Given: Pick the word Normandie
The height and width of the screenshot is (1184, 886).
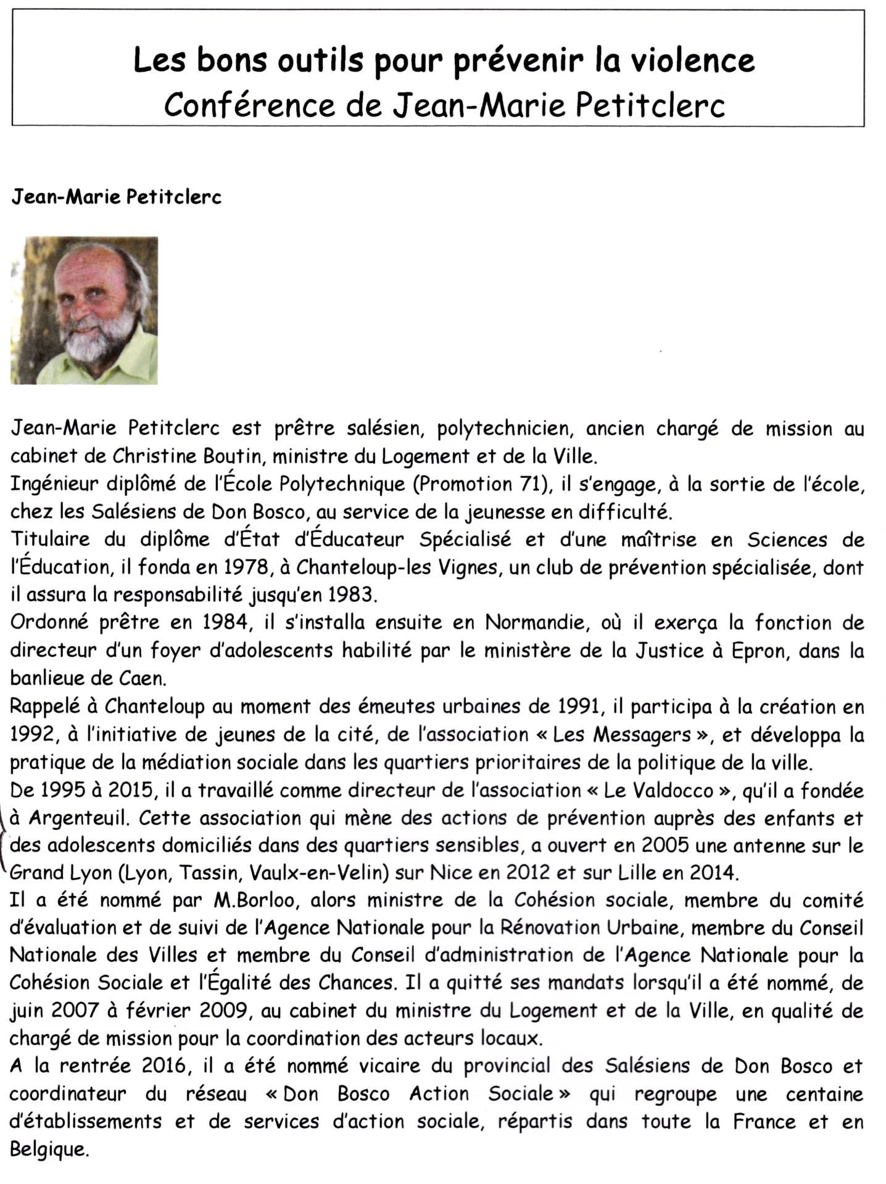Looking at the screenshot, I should pyautogui.click(x=534, y=623).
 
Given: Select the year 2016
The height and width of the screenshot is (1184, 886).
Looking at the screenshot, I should pyautogui.click(x=162, y=1067).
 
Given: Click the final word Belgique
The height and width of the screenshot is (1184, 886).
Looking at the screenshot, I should pyautogui.click(x=49, y=1150).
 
